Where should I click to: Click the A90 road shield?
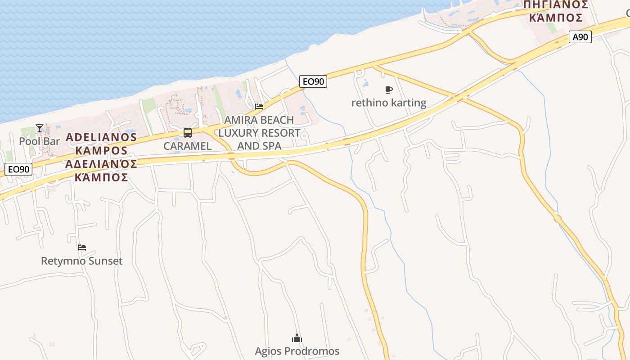[x=580, y=37]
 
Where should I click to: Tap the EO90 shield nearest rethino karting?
[x=313, y=81]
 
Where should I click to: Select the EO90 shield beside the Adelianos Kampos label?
[x=19, y=169]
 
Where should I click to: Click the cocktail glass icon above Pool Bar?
[x=40, y=128]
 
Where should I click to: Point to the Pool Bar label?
[x=39, y=141]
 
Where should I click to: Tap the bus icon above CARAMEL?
[x=188, y=133]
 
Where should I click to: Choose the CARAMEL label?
[x=187, y=146]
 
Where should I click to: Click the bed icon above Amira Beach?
[x=259, y=107]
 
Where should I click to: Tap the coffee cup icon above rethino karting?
[x=389, y=90]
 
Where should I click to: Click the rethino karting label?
[x=389, y=103]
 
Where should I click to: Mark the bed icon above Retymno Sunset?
[x=81, y=247]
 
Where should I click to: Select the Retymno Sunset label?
[x=81, y=261]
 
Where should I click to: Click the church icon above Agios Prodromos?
[x=297, y=338]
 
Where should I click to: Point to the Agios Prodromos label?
[x=297, y=351]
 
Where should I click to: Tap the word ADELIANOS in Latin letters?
[x=101, y=137]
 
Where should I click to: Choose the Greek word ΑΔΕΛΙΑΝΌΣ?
[x=101, y=164]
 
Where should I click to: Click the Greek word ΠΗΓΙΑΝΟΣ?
[x=555, y=5]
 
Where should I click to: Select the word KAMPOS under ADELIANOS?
[x=101, y=150]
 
